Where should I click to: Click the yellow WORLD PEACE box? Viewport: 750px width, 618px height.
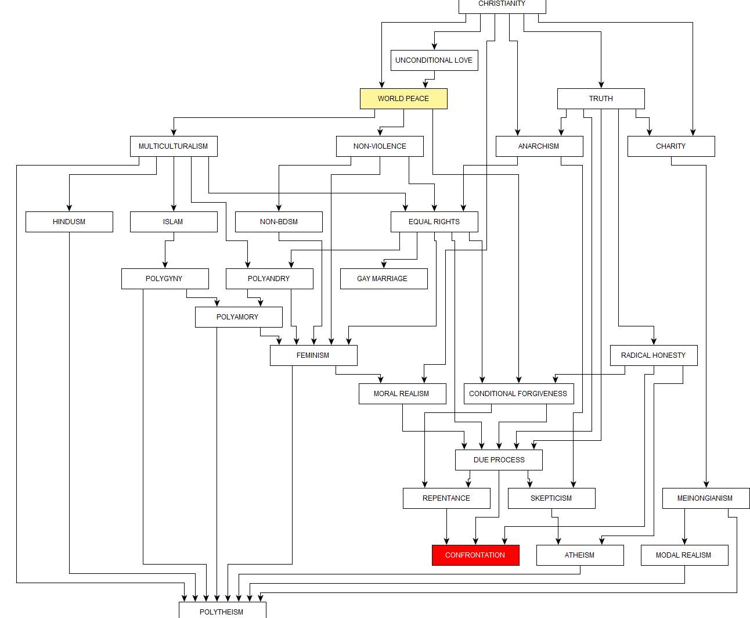pyautogui.click(x=403, y=99)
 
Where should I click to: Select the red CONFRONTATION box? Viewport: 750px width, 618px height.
pyautogui.click(x=475, y=555)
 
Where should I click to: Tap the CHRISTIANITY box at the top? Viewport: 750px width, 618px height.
pyautogui.click(x=502, y=5)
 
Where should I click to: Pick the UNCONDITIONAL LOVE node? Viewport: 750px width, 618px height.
pyautogui.click(x=434, y=60)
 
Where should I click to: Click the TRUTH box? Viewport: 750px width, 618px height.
pyautogui.click(x=601, y=99)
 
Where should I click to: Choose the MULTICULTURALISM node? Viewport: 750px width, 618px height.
pyautogui.click(x=174, y=146)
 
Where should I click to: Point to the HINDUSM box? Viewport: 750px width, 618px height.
pyautogui.click(x=69, y=222)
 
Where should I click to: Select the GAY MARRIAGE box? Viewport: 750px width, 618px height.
pyautogui.click(x=384, y=279)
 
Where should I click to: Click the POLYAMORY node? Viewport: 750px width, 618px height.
pyautogui.click(x=239, y=317)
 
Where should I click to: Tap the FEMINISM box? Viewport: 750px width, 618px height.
pyautogui.click(x=313, y=355)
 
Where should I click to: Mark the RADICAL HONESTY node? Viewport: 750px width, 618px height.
pyautogui.click(x=654, y=355)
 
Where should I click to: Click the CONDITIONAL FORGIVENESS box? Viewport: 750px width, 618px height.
pyautogui.click(x=518, y=394)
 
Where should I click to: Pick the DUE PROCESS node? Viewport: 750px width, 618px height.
pyautogui.click(x=499, y=460)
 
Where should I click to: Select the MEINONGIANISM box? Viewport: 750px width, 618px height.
pyautogui.click(x=705, y=498)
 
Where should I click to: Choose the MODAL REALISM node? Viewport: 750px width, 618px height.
pyautogui.click(x=684, y=555)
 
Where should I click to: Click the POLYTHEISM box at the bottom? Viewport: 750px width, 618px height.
pyautogui.click(x=222, y=611)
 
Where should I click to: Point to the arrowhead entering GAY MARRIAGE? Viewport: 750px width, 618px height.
pyautogui.click(x=384, y=265)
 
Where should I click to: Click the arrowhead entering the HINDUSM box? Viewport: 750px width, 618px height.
pyautogui.click(x=69, y=208)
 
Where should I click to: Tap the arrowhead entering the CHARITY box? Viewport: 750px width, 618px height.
pyautogui.click(x=693, y=132)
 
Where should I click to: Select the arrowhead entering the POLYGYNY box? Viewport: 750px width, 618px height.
pyautogui.click(x=165, y=265)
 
